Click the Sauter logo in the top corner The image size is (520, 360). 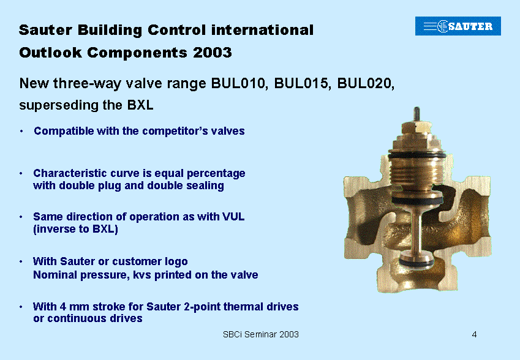pyautogui.click(x=458, y=26)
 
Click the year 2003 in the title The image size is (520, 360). pyautogui.click(x=213, y=53)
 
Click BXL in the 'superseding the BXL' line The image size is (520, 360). pyautogui.click(x=140, y=105)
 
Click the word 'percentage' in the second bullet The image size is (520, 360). pyautogui.click(x=216, y=173)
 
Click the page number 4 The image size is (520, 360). pyautogui.click(x=474, y=334)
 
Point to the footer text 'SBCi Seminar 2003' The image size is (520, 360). pyautogui.click(x=261, y=334)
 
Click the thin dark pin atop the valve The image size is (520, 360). pyautogui.click(x=417, y=114)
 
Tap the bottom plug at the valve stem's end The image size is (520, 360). pyautogui.click(x=416, y=259)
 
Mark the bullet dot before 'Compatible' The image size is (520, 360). pyautogui.click(x=21, y=131)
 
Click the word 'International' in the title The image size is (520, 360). pyautogui.click(x=262, y=30)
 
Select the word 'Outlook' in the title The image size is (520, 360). pyautogui.click(x=50, y=53)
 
